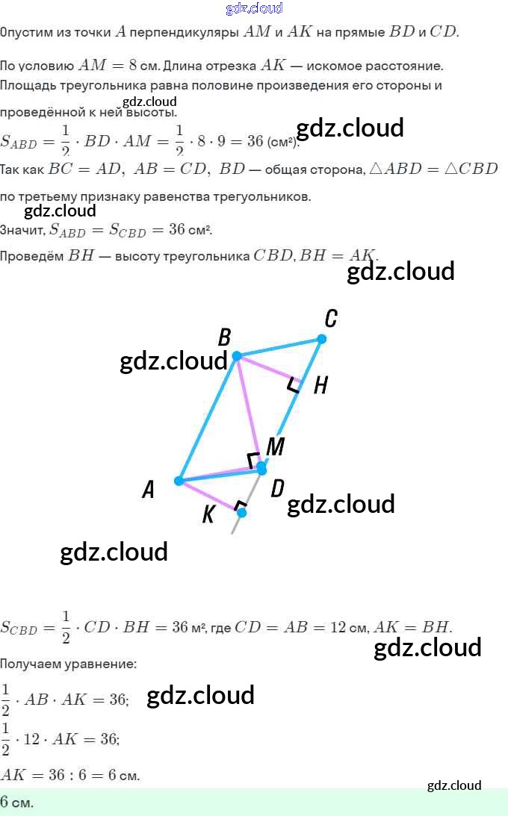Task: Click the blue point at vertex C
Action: [321, 339]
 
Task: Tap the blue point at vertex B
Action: [237, 356]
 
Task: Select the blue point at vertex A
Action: [179, 481]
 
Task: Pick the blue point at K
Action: [241, 513]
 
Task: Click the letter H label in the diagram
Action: [320, 385]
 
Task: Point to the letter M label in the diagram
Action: [276, 446]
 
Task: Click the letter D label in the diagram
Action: [277, 489]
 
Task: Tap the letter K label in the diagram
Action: [209, 514]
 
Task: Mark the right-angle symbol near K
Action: [239, 506]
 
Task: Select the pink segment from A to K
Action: [209, 496]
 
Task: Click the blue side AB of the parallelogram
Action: [208, 418]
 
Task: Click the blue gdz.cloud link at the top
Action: [254, 8]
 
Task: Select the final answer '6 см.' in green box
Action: [16, 803]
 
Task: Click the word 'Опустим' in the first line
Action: [27, 33]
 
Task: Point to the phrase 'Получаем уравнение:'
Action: [68, 663]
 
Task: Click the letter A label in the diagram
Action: [148, 490]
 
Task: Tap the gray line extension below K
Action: [235, 526]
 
